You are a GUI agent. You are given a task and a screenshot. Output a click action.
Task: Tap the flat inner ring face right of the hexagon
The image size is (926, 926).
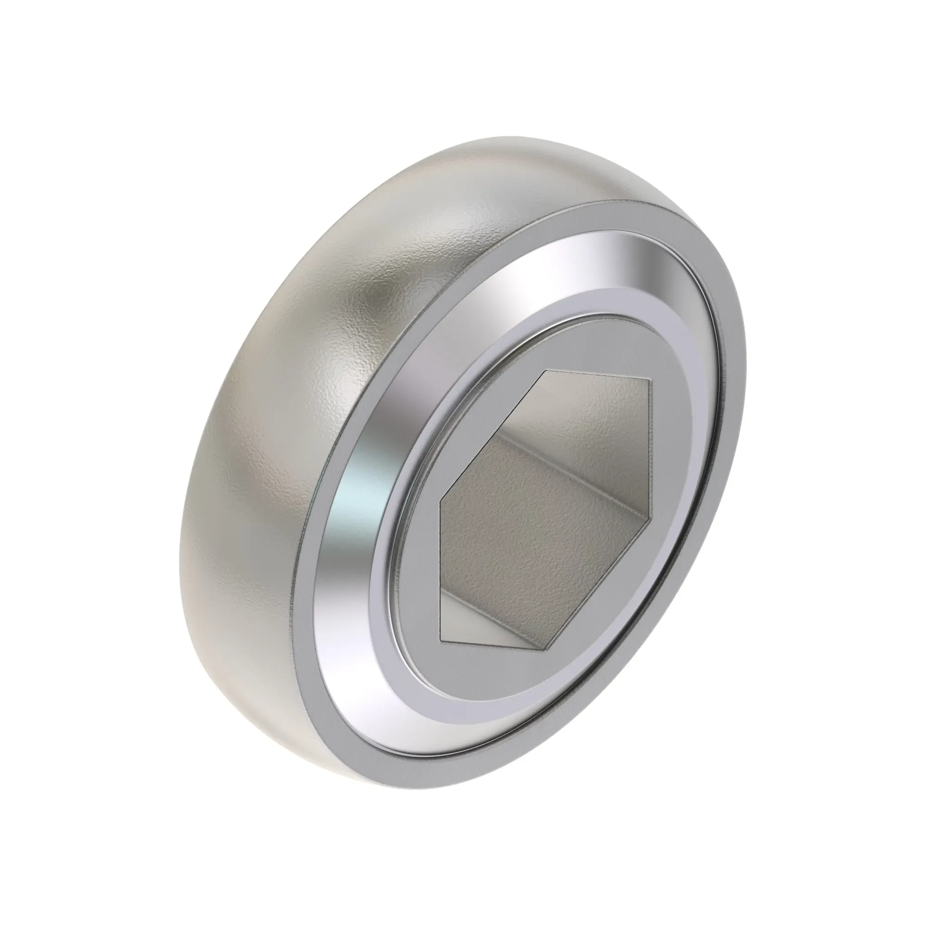point(676,479)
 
